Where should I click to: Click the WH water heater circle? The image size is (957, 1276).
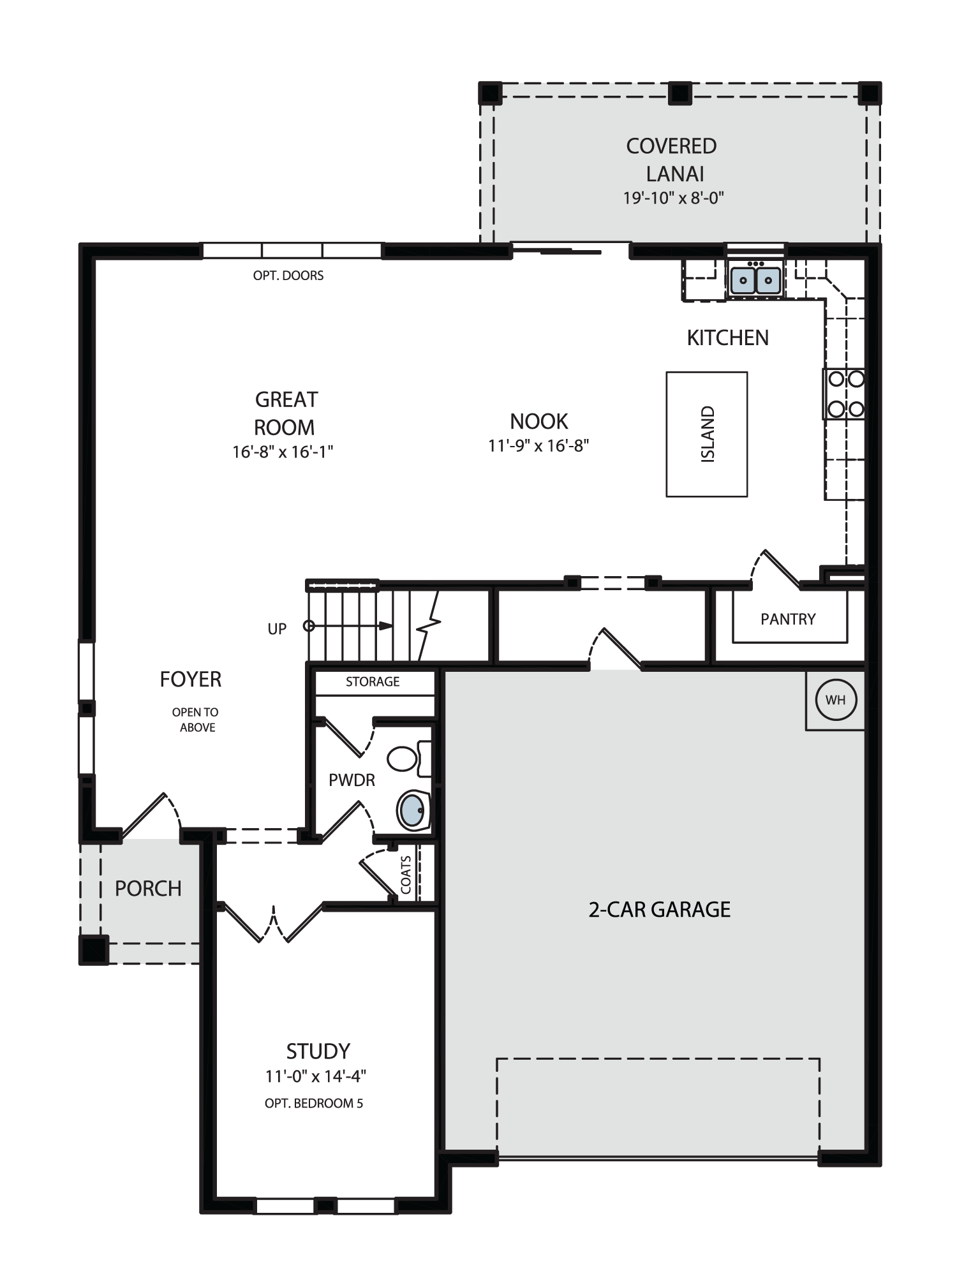click(836, 700)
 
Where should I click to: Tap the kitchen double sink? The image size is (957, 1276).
click(755, 280)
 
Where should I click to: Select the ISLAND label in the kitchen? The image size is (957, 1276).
click(708, 434)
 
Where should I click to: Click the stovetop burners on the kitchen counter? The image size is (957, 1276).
click(845, 394)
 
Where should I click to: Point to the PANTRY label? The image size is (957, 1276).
click(788, 619)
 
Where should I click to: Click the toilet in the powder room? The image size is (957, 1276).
click(409, 759)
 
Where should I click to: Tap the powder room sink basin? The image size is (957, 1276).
click(413, 810)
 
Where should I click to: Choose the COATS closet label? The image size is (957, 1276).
click(406, 875)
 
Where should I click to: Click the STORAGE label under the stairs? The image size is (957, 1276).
click(373, 681)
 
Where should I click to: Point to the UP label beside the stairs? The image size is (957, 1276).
click(277, 629)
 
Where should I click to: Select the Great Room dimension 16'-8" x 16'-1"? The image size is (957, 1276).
click(283, 452)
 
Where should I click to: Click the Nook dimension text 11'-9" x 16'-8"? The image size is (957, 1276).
click(538, 445)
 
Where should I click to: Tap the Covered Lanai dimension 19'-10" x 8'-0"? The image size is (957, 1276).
click(674, 198)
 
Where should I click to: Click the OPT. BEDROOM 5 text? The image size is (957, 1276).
click(314, 1103)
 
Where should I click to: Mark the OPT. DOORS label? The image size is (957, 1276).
click(288, 276)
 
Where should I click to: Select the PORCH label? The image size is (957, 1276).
click(148, 888)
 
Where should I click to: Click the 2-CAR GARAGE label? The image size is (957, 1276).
click(660, 909)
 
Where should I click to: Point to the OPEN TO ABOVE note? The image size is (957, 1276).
click(196, 720)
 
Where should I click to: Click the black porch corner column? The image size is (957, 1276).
click(93, 950)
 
